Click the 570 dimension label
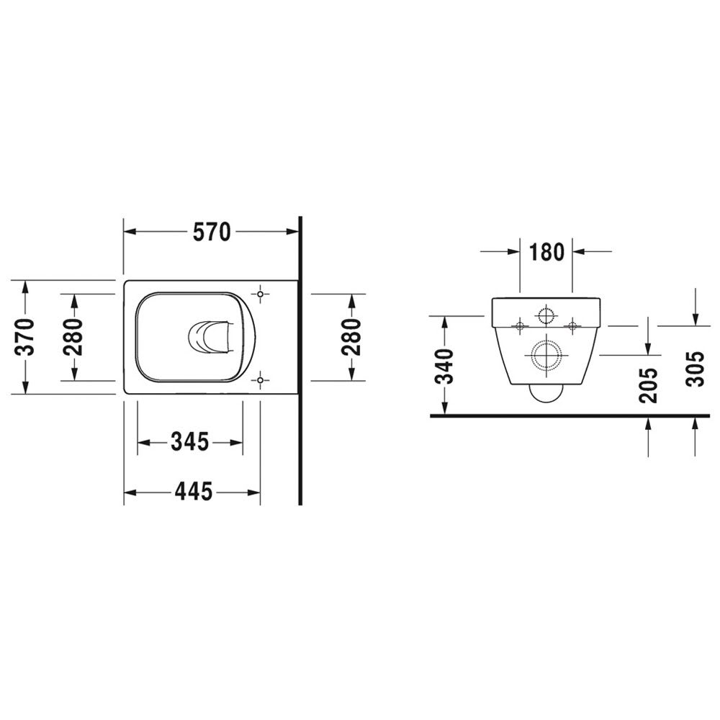pyautogui.click(x=211, y=232)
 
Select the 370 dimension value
pyautogui.click(x=24, y=337)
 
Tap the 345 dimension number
pyautogui.click(x=189, y=442)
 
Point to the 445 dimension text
pyautogui.click(x=193, y=492)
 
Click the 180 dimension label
pyautogui.click(x=546, y=251)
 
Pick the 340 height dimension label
pyautogui.click(x=444, y=366)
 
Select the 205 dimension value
pyautogui.click(x=649, y=385)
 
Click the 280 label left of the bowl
pyautogui.click(x=73, y=337)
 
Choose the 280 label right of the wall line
pyautogui.click(x=352, y=337)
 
